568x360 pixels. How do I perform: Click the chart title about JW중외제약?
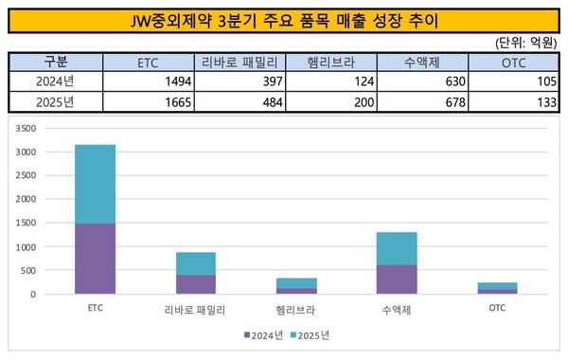coord(283,18)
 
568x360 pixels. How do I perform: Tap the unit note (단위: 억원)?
coord(525,45)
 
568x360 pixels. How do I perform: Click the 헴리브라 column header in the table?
coord(331,63)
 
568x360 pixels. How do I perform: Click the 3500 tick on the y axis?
coord(52,128)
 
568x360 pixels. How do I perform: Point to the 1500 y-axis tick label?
coord(52,223)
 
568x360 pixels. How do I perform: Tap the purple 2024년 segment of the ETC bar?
coord(96,259)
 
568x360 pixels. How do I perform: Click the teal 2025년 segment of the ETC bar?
coord(96,184)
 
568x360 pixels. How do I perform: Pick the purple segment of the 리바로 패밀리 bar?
coord(196,284)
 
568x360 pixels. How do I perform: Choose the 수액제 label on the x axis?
coord(397,309)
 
